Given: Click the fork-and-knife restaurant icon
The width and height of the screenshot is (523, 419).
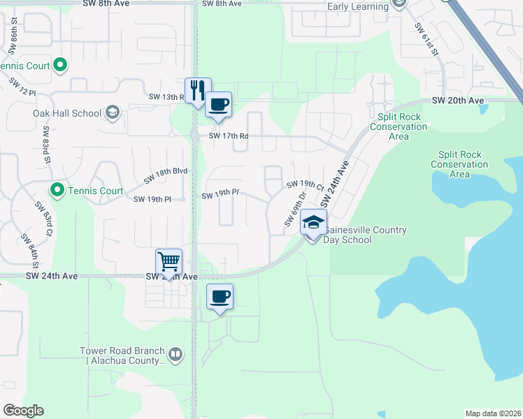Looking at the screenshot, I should point(198,89).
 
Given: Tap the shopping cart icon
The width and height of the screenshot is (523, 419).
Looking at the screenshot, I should point(169,262).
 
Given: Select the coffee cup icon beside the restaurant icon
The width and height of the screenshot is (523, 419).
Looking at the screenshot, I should point(219,105).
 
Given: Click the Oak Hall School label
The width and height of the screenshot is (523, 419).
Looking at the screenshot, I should point(67,113).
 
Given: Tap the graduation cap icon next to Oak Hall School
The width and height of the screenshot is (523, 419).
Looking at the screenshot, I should point(112,112).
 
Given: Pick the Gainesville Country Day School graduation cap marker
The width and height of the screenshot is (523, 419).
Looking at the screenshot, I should point(313,223).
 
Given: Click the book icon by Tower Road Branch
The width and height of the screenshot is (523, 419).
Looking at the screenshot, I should point(175,355).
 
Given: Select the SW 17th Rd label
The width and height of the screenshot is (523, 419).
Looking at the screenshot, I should point(224,136).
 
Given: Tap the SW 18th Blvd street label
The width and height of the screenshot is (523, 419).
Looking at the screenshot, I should point(166,176).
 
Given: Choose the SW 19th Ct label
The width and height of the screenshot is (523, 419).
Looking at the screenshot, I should point(304,185).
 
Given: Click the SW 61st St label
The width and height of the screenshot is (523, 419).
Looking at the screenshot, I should point(424,39).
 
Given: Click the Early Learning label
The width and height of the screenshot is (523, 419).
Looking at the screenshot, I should point(357,7).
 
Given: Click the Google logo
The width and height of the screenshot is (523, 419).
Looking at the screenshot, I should point(23,411).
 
